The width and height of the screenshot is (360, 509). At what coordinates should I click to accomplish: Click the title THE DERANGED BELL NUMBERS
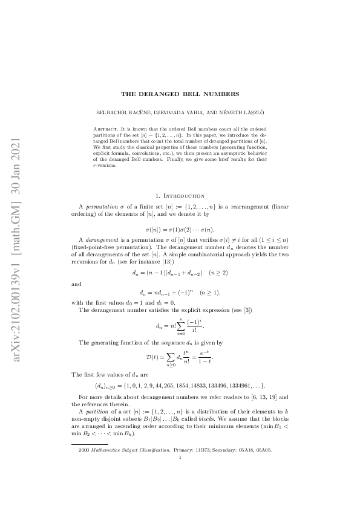(180, 94)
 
